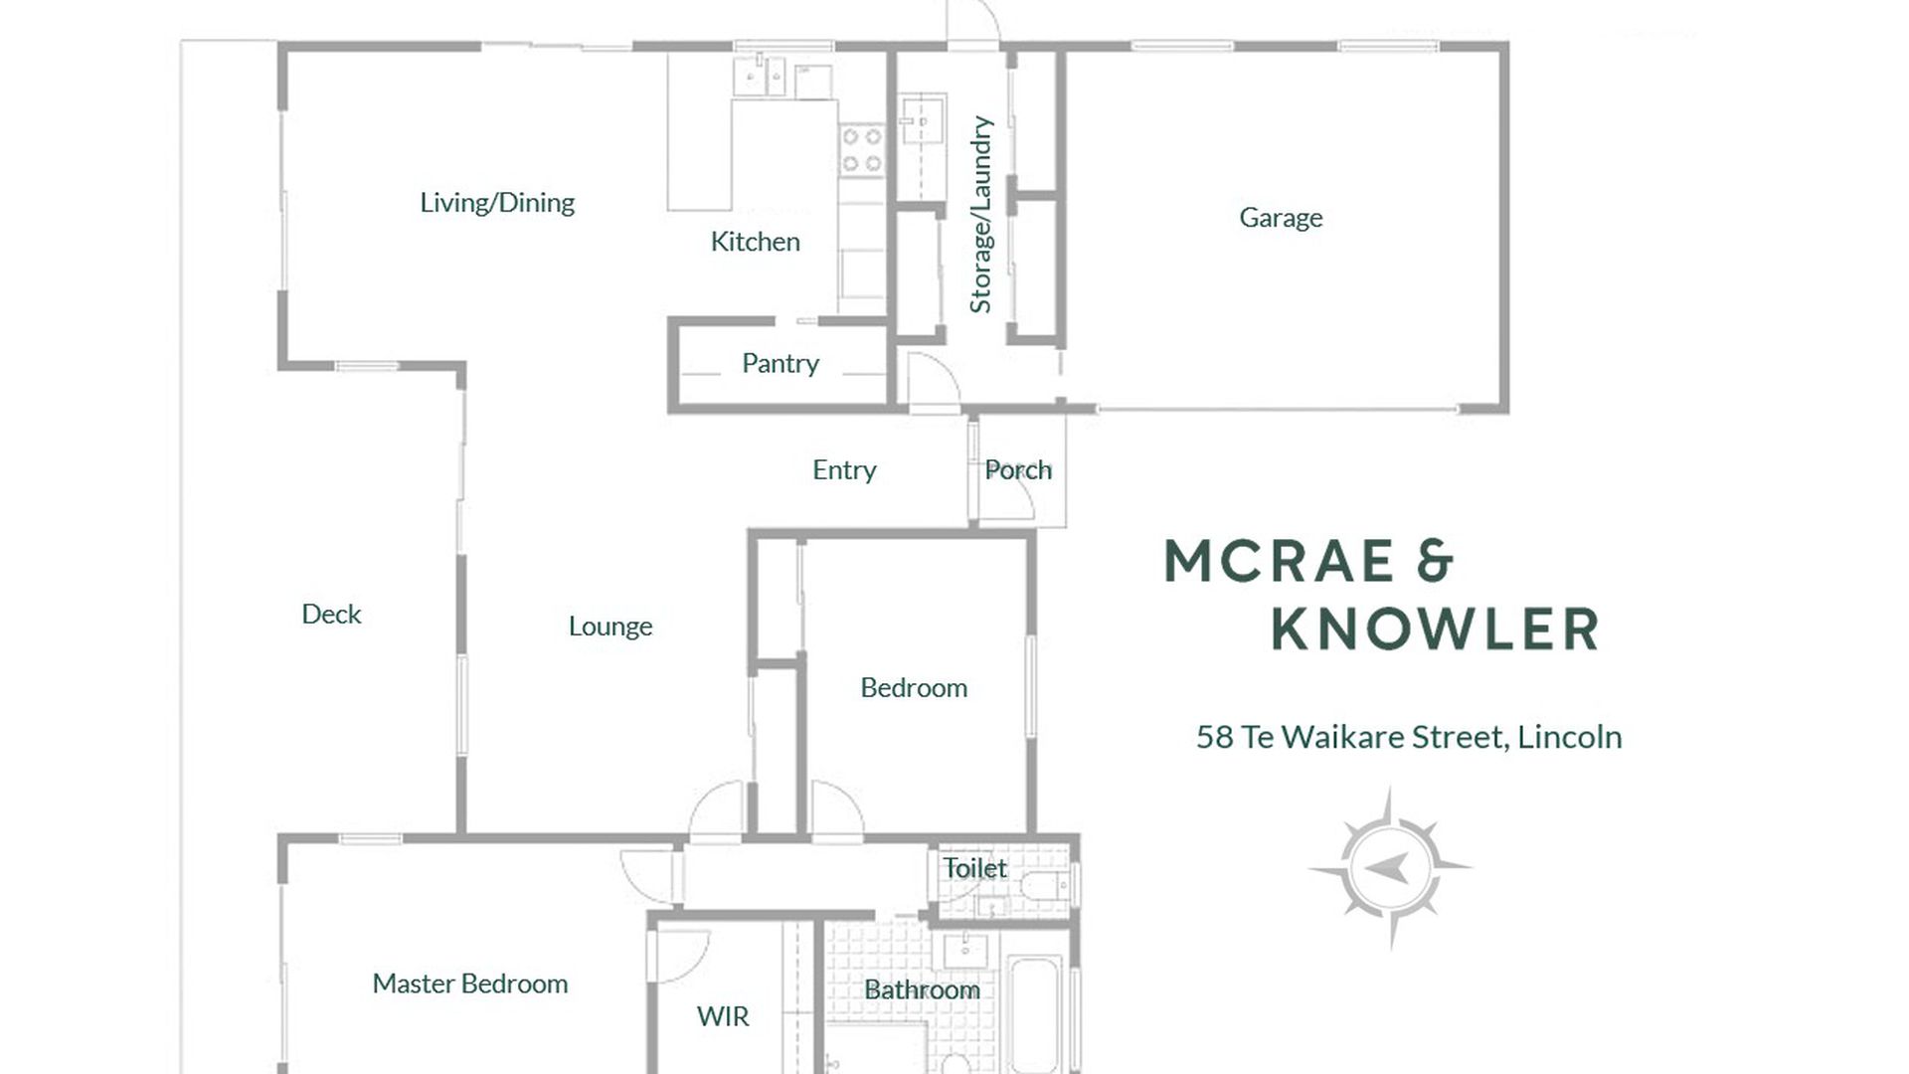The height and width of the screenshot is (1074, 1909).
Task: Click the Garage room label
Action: point(1281,218)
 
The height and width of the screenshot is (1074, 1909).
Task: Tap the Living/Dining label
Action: point(497,203)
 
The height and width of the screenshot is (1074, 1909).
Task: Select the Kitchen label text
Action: point(755,242)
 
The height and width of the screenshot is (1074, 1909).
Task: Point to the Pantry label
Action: point(781,364)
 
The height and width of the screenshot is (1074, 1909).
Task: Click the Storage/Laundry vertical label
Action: point(981,214)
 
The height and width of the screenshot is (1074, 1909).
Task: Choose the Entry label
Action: point(844,470)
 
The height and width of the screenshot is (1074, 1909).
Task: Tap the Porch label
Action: point(1018,469)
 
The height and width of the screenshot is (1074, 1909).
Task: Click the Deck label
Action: point(331,614)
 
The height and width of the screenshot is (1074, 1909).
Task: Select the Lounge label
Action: point(610,626)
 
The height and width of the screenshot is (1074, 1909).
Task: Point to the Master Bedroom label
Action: point(470,984)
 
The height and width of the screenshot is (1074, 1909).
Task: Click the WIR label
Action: point(723,1016)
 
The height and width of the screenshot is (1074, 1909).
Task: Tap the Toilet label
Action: point(974,868)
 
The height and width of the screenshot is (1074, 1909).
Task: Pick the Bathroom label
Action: point(922,989)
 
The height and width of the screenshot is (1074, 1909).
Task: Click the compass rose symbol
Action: point(1390,867)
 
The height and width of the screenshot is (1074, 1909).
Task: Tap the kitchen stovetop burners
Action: point(861,149)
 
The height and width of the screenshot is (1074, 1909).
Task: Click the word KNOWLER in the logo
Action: point(1435,629)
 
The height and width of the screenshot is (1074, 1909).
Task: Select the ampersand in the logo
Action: point(1434,561)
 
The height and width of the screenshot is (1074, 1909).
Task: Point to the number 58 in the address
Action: point(1215,737)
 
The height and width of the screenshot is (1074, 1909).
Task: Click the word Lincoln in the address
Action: point(1570,737)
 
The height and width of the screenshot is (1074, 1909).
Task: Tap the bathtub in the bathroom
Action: point(1034,1014)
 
